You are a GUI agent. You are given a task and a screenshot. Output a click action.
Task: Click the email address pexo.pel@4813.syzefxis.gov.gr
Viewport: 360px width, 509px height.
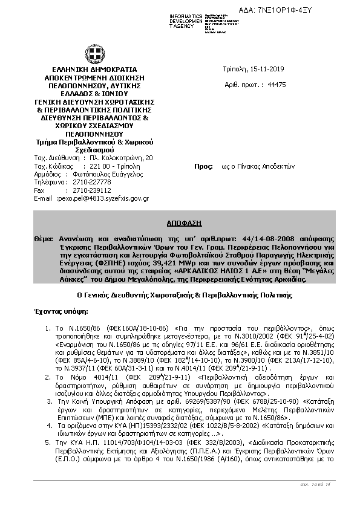[x=103, y=198]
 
